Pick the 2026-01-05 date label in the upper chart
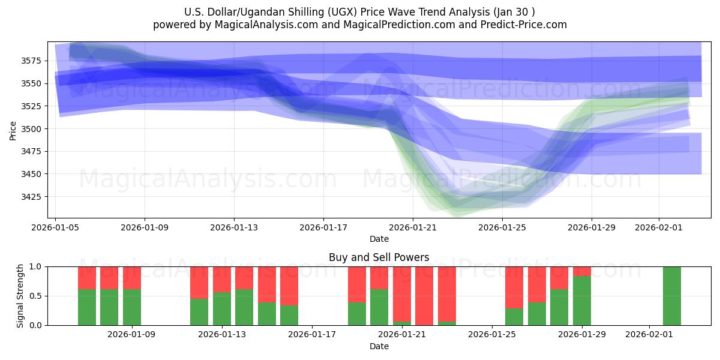tap(56, 227)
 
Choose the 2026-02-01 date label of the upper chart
tap(659, 227)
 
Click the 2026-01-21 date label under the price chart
tap(413, 227)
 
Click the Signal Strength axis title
tap(20, 296)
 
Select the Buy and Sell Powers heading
tap(379, 257)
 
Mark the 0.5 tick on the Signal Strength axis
tap(35, 296)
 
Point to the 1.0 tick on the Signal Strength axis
tap(35, 266)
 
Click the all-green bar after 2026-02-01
tap(671, 296)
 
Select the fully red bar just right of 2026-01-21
tap(424, 296)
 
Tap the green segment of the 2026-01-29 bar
tap(581, 301)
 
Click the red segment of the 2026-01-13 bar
tap(222, 279)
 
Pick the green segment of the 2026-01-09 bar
tap(132, 307)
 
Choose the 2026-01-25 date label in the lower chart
tap(492, 334)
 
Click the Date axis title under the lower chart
tap(379, 346)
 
